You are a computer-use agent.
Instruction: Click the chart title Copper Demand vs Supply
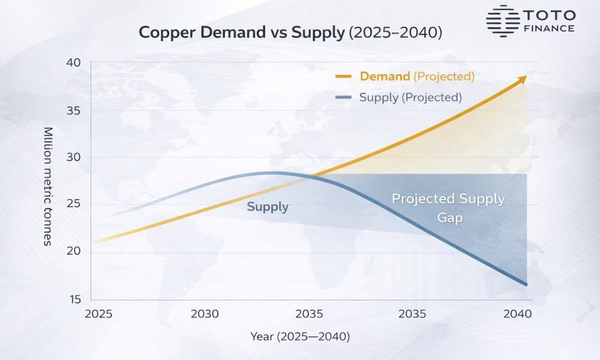click(242, 32)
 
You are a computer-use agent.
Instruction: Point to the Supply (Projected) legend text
click(410, 97)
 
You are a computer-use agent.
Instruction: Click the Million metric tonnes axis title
click(48, 186)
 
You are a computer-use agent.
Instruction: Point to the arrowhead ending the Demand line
click(523, 79)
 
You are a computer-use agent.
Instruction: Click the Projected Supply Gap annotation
click(448, 208)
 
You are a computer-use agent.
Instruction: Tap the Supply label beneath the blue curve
click(268, 207)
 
